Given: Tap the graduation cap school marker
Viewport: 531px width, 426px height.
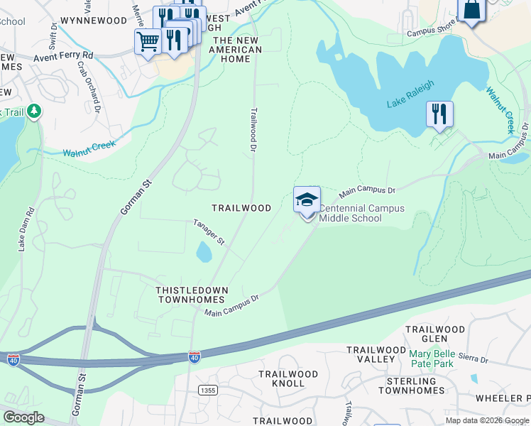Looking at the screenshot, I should [307, 200].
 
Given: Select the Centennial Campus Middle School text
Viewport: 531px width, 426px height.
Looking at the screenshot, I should [361, 213].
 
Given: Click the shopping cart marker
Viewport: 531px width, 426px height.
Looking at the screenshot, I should [147, 42].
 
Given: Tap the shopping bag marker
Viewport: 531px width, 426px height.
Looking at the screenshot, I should [471, 11].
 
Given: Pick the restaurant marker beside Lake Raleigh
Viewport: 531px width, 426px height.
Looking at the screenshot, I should [439, 114].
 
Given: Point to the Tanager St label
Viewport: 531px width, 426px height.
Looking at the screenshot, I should [209, 232].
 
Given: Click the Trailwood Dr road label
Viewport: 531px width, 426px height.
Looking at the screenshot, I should [252, 129].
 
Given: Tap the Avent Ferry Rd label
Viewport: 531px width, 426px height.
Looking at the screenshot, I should [63, 54].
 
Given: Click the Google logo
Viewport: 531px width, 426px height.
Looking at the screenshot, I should [23, 417].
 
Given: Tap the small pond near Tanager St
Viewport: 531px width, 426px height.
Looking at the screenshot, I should [204, 251].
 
